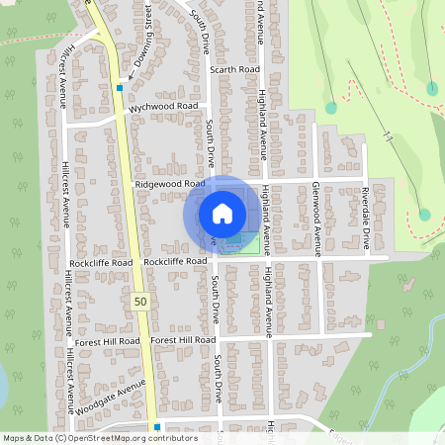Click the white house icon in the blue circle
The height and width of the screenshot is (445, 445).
click(x=222, y=213)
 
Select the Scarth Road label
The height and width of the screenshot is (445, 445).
click(x=235, y=71)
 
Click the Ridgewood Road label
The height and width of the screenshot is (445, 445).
click(x=170, y=184)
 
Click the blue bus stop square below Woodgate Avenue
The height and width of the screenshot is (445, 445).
click(x=156, y=427)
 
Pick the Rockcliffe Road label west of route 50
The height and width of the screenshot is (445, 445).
click(x=101, y=264)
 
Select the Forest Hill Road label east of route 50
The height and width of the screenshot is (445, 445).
click(x=184, y=339)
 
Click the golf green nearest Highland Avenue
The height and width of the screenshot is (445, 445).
click(x=330, y=108)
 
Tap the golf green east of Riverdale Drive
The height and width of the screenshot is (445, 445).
click(x=424, y=214)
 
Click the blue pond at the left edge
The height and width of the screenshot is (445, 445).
click(x=3, y=387)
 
